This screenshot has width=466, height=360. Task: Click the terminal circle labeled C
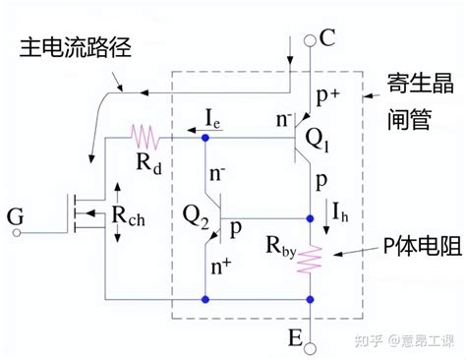coord(312,39)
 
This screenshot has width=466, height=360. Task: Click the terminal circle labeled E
coord(312,346)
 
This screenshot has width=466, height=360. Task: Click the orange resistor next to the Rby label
coord(312,259)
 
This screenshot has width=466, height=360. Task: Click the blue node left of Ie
coord(205,137)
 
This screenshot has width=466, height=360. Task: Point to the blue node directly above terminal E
coord(312,298)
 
